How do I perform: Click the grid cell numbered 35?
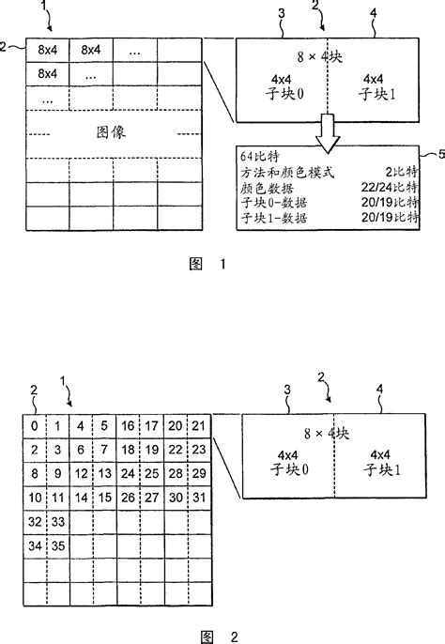[x=57, y=544]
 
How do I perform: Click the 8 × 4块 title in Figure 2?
[x=332, y=434]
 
